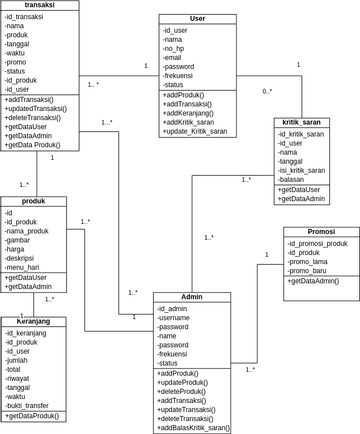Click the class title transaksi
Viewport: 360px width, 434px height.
click(x=40, y=5)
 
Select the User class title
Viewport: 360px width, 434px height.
click(x=197, y=19)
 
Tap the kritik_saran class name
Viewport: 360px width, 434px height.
click(x=301, y=123)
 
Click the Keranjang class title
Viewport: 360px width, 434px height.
click(x=33, y=322)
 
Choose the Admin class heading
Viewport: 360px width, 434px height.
click(x=192, y=297)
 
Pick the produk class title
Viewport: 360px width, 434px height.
click(x=33, y=201)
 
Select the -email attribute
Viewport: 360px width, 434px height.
click(x=173, y=57)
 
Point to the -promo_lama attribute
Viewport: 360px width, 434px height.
click(x=309, y=261)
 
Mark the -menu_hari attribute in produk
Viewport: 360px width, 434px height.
click(x=25, y=267)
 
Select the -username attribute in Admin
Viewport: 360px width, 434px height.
click(x=179, y=318)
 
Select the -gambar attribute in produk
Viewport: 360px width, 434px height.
click(x=20, y=240)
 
